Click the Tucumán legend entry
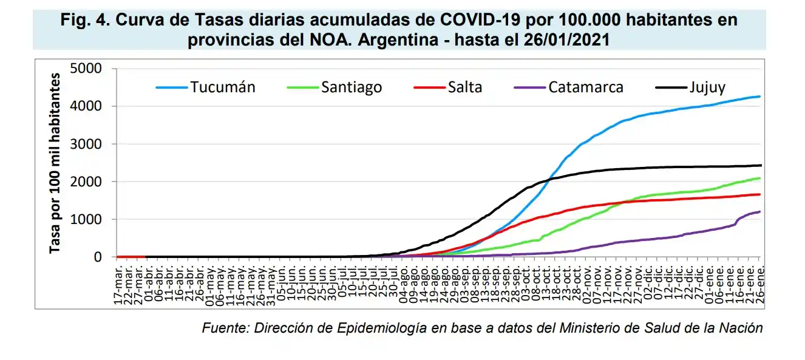pos(222,87)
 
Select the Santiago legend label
pos(352,87)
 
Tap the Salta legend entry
pos(464,87)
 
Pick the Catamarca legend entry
pos(585,87)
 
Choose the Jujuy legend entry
pos(707,87)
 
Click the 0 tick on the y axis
pos(97,257)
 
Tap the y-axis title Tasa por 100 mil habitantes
pos(55,163)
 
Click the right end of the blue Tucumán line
pos(760,97)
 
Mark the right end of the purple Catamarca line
pos(760,211)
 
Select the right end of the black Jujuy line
pos(760,165)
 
